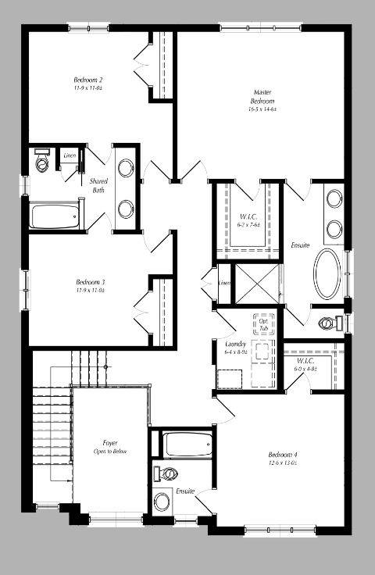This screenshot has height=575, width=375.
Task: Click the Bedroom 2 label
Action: (x=88, y=80)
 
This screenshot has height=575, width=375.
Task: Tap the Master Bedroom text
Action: (x=262, y=97)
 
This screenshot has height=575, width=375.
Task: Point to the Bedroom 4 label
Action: (x=283, y=455)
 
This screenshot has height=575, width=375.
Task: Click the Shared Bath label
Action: (x=98, y=185)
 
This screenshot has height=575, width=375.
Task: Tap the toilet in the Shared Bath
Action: (x=41, y=162)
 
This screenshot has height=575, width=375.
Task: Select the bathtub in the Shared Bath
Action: (x=55, y=216)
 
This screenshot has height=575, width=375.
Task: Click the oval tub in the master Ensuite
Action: (x=328, y=273)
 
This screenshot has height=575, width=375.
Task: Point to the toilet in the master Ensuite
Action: (x=330, y=323)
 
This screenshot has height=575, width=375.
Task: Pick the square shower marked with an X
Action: (x=256, y=281)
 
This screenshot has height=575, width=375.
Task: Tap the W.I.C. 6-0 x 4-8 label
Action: (x=305, y=363)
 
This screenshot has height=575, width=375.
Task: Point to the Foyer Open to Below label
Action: (x=110, y=447)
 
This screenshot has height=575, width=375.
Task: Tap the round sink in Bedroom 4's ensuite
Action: (x=163, y=500)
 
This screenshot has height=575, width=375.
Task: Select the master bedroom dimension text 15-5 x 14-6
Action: (x=262, y=110)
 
